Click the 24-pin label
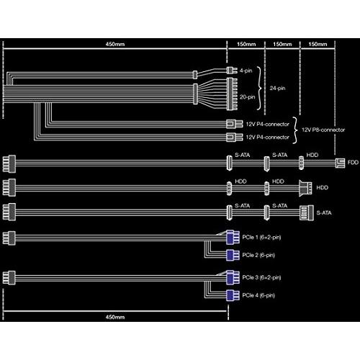277,88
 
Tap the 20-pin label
247,97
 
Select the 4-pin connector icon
232,70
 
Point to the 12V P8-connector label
323,130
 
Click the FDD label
353,162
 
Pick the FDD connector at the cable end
340,163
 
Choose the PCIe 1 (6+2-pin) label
261,238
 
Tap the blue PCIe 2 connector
233,255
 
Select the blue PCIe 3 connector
233,277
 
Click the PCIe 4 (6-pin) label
258,295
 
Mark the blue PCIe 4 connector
233,295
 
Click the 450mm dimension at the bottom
115,317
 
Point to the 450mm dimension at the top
115,44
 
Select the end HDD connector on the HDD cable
305,188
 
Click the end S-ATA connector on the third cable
307,212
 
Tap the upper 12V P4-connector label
268,125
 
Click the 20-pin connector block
232,94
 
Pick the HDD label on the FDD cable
312,155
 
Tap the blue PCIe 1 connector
233,237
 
